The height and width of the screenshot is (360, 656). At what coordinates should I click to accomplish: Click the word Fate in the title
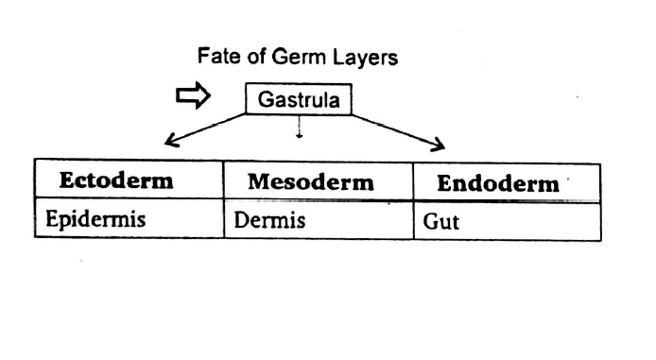(216, 57)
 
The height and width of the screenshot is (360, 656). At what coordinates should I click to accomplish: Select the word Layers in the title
(363, 58)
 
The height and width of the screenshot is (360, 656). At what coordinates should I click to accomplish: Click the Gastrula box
(298, 99)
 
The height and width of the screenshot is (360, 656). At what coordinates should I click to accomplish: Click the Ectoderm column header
(116, 181)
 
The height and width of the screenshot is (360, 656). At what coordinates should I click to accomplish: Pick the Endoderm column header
(497, 183)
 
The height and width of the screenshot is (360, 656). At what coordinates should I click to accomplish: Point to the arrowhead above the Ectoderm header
(170, 143)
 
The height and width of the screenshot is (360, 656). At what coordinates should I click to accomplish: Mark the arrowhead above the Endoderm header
(437, 145)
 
